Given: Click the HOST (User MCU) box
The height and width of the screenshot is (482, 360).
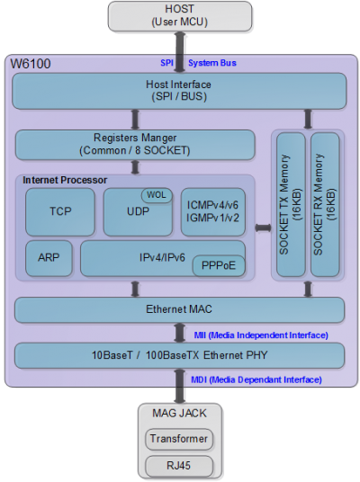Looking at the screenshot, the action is [180, 16].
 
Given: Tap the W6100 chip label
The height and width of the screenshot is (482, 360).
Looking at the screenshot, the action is [31, 64].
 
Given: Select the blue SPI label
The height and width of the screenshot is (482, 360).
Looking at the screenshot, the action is [166, 63].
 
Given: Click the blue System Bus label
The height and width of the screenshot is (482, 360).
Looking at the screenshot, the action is [212, 63].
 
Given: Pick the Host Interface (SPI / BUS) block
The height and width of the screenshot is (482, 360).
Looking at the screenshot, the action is [179, 91].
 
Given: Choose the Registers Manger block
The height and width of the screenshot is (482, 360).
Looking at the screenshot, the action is [135, 145].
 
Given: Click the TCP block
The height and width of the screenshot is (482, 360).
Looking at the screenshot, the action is [60, 212].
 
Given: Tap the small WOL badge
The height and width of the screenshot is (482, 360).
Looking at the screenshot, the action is [157, 195].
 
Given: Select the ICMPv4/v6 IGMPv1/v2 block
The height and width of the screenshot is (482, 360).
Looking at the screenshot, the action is [213, 212].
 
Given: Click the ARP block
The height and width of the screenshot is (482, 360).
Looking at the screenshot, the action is [49, 258].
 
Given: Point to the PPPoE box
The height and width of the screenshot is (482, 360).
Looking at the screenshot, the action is [219, 265].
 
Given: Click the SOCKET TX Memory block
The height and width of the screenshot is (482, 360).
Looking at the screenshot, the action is [291, 204].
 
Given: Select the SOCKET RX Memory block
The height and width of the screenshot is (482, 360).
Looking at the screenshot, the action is [325, 204].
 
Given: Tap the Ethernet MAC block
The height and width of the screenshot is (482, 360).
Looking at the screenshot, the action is [179, 310].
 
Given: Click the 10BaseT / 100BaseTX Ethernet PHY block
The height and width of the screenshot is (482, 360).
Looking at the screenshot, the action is [179, 355].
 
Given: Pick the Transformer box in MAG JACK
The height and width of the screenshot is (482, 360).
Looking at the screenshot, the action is [179, 439].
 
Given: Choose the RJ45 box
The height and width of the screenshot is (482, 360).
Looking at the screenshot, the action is [179, 466].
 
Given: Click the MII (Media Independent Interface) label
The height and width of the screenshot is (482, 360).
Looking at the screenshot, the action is [261, 335].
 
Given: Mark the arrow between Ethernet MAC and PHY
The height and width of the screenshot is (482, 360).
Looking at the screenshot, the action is [180, 333].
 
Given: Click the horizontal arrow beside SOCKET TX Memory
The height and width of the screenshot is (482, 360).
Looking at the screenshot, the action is [263, 228].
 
